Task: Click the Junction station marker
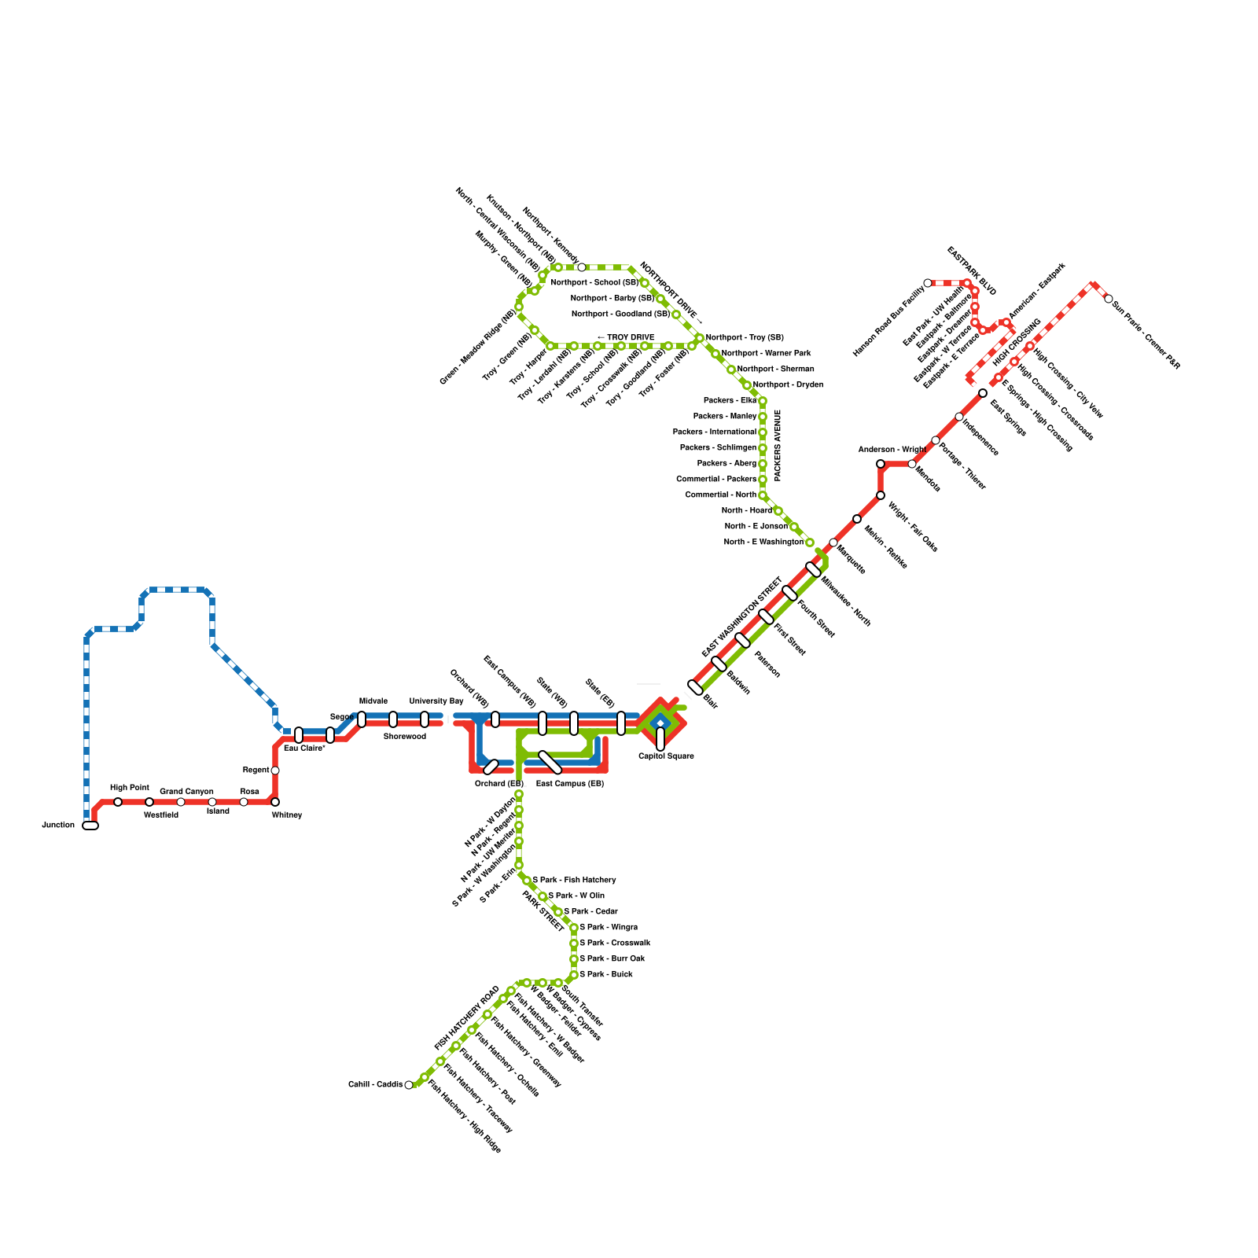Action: (x=90, y=826)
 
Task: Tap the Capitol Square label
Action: (x=666, y=756)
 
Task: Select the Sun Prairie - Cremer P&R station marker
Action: (x=1109, y=299)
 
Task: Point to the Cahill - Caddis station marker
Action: (x=409, y=1085)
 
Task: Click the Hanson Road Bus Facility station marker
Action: (x=928, y=283)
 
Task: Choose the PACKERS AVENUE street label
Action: (x=778, y=445)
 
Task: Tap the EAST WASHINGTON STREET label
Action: (x=742, y=618)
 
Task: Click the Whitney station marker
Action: (x=275, y=802)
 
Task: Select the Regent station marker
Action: (x=275, y=771)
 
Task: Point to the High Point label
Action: (x=130, y=788)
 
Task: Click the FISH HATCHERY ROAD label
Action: (x=467, y=1018)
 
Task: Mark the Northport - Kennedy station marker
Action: (x=582, y=267)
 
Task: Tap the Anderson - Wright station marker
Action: (x=881, y=464)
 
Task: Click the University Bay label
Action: (x=436, y=701)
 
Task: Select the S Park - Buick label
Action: (x=606, y=975)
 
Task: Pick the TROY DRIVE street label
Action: (x=627, y=338)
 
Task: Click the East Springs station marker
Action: (x=983, y=393)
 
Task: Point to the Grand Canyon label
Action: (x=186, y=792)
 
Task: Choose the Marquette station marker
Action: (x=833, y=543)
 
